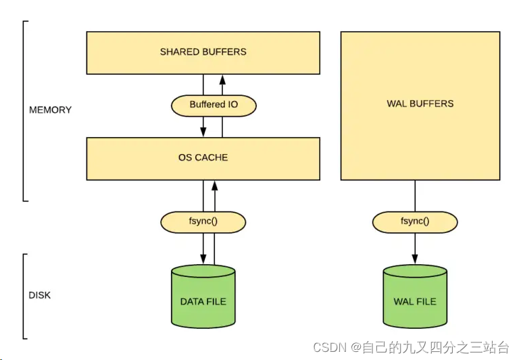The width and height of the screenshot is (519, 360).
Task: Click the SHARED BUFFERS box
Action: pos(203,52)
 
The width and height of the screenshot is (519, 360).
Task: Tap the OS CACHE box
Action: pos(203,158)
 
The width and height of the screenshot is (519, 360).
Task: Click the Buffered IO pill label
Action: pos(213,105)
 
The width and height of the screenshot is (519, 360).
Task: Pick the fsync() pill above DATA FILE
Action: pos(203,222)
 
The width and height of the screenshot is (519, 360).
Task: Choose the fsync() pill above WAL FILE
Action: pos(415,222)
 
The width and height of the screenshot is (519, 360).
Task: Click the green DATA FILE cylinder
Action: pos(203,297)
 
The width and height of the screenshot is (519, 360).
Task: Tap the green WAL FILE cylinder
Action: pos(415,297)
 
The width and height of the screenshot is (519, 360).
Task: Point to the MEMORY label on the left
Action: pos(50,109)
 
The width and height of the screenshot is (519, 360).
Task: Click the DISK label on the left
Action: pos(39,295)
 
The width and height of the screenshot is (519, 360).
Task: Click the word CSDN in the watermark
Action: pos(329,348)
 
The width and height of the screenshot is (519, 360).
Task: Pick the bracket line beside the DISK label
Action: pos(24,296)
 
